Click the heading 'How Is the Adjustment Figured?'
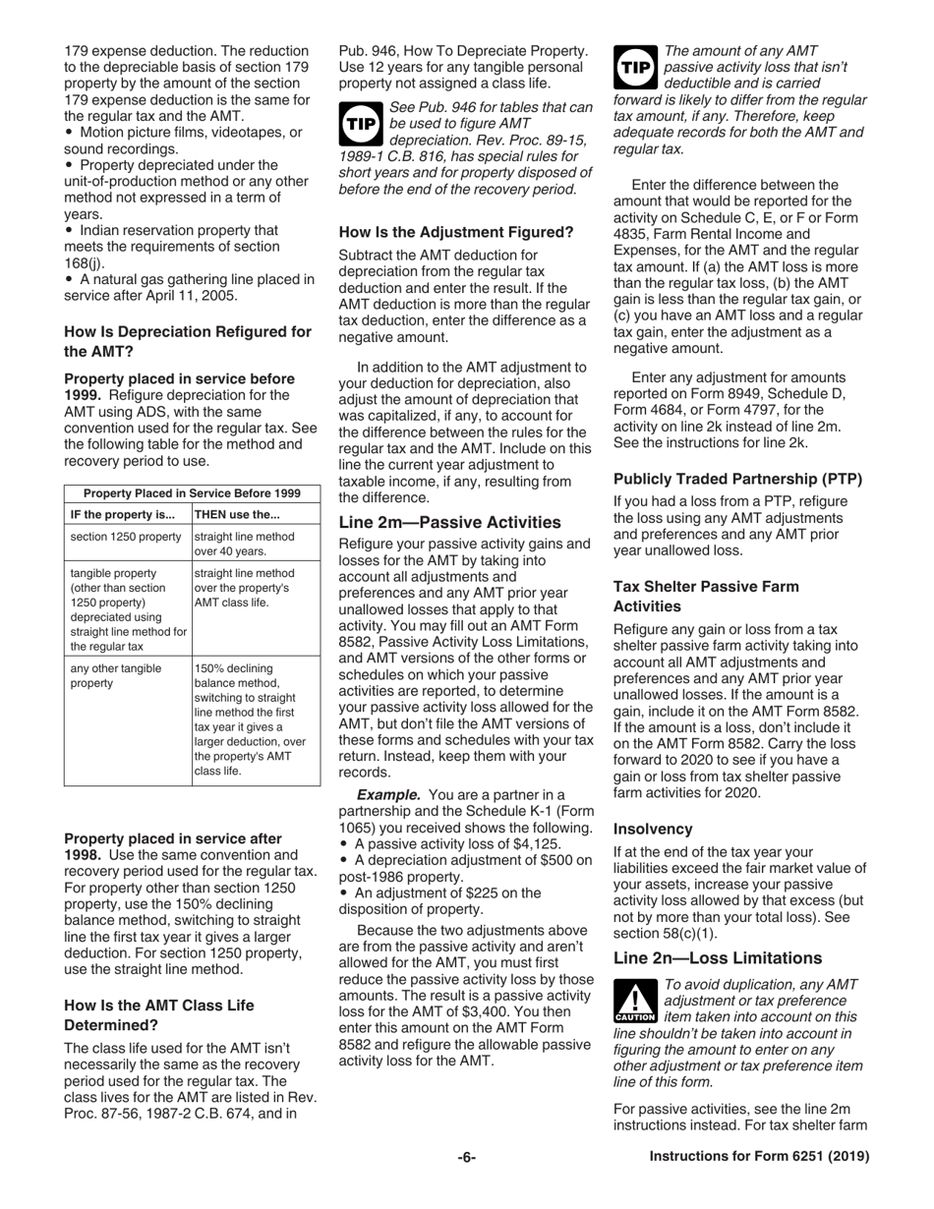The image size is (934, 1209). pyautogui.click(x=455, y=233)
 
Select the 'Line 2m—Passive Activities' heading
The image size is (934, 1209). pyautogui.click(x=449, y=522)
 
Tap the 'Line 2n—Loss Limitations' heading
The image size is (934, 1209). pyautogui.click(x=717, y=957)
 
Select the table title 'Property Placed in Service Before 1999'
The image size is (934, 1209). pyautogui.click(x=192, y=493)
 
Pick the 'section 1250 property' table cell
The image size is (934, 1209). pyautogui.click(x=126, y=537)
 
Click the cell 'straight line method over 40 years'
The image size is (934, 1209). pyautogui.click(x=244, y=544)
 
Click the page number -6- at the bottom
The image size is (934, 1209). pyautogui.click(x=466, y=1158)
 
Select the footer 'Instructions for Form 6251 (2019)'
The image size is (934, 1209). pyautogui.click(x=759, y=1158)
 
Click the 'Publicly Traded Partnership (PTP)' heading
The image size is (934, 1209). pyautogui.click(x=736, y=480)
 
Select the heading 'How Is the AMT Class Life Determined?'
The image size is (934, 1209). pyautogui.click(x=158, y=1013)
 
